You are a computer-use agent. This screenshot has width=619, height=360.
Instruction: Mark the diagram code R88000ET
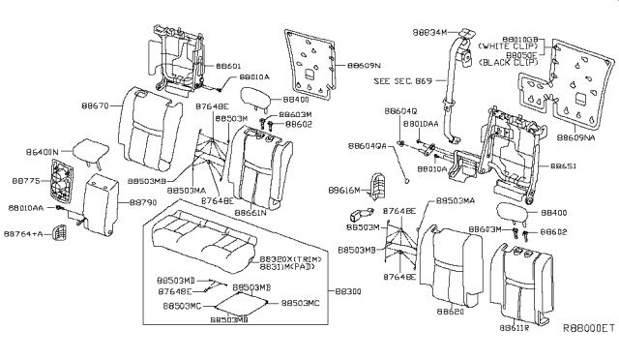pyautogui.click(x=588, y=329)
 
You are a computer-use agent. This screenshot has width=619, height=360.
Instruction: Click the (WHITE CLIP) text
pyautogui.click(x=513, y=45)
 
